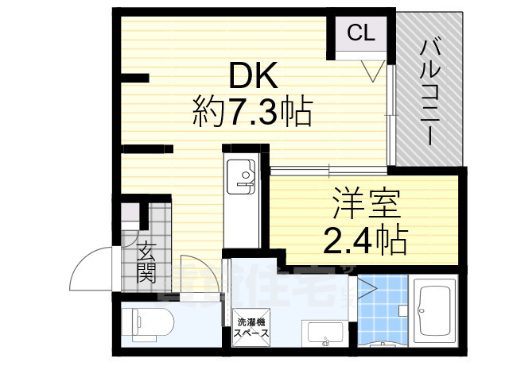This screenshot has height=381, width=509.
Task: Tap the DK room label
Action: pos(254,77)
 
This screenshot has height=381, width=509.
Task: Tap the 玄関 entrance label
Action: pos(146,264)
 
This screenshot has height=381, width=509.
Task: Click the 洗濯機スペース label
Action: pos(251,328)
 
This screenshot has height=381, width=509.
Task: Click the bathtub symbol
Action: pos(434,314)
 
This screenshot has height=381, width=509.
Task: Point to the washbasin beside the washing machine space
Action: pos(324,334)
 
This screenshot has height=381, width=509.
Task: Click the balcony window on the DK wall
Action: pos(390,111)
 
